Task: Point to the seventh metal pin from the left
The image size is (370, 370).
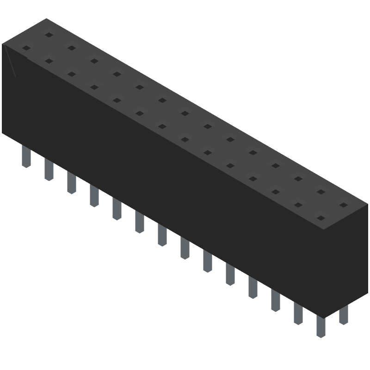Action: pos(162,234)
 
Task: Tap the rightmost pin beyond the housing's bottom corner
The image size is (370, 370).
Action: pos(343,314)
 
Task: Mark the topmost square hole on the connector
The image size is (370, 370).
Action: pos(48,35)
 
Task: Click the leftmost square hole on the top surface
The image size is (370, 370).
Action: pos(26,48)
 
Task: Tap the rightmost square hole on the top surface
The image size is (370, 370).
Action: pos(343,204)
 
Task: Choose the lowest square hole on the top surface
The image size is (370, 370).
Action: pos(321,217)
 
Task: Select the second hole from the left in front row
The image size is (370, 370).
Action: pos(48,61)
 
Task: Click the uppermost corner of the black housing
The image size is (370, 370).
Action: pos(46,18)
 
